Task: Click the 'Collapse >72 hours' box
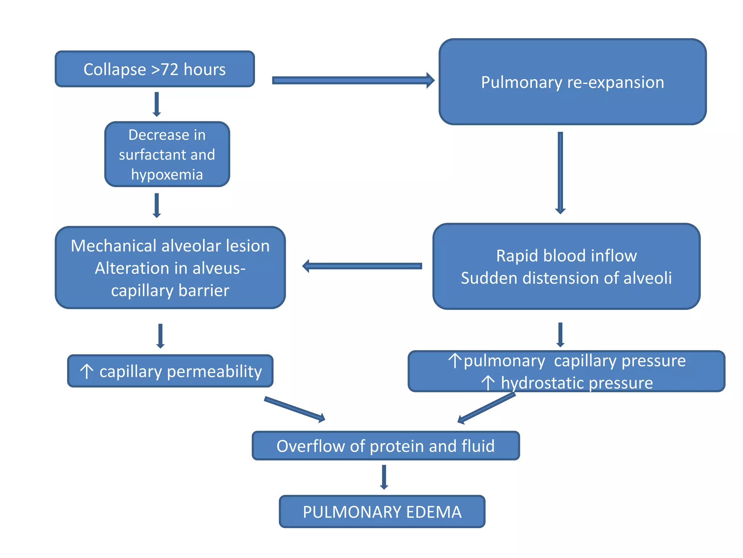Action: [x=155, y=69]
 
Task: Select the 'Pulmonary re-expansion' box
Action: [x=572, y=82]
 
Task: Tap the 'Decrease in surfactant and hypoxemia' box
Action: [x=167, y=154]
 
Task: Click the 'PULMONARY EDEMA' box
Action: [x=382, y=511]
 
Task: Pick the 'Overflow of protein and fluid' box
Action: [x=385, y=446]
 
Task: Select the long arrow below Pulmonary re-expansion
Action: [x=560, y=173]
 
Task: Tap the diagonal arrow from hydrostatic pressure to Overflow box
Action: [x=486, y=408]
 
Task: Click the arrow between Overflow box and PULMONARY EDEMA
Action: [x=384, y=477]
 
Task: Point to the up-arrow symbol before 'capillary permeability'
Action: [x=87, y=371]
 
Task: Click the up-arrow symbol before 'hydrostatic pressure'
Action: [x=488, y=383]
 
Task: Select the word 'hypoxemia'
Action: [x=167, y=175]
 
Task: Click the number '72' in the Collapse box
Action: [x=170, y=69]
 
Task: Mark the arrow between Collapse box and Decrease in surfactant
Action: [x=157, y=104]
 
